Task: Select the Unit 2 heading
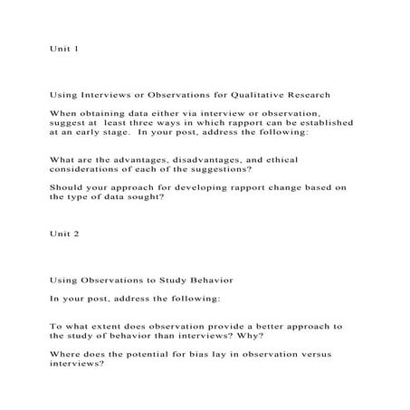point(64,234)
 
